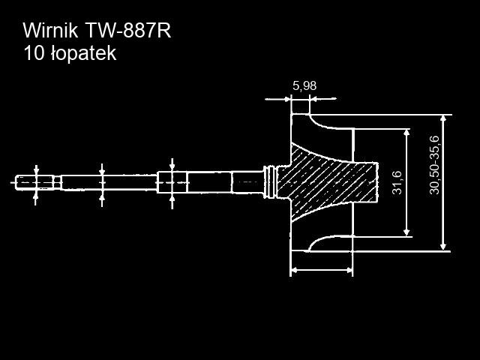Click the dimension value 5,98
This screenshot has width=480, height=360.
pyautogui.click(x=304, y=86)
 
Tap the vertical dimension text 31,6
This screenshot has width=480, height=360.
pyautogui.click(x=397, y=182)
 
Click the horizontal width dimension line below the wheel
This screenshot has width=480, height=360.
pyautogui.click(x=321, y=269)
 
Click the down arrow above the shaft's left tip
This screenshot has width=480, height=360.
pyautogui.click(x=37, y=169)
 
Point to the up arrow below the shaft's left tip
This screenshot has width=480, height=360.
pyautogui.click(x=37, y=196)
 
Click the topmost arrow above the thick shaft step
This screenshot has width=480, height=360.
pyautogui.click(x=172, y=163)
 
